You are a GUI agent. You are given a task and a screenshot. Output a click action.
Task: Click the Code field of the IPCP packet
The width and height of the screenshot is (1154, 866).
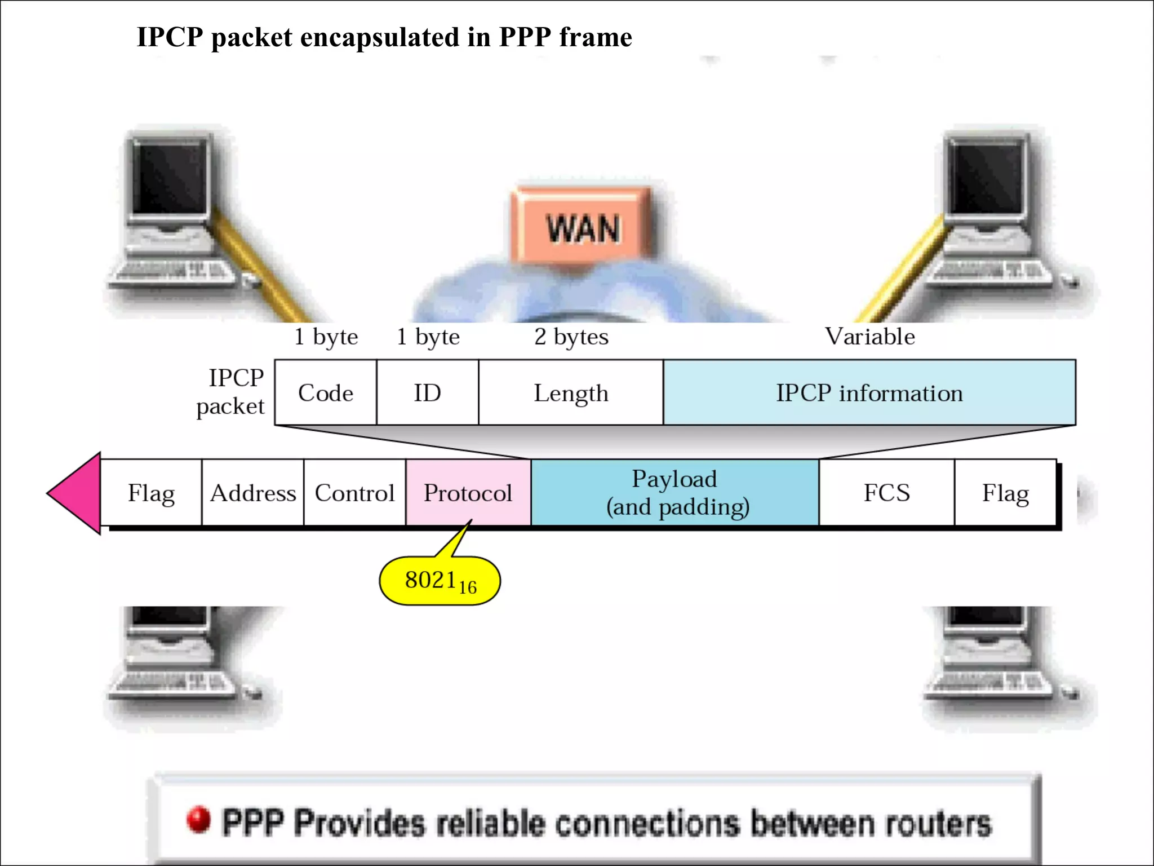pos(326,392)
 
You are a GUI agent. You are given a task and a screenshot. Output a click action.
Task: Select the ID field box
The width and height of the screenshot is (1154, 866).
pos(427,392)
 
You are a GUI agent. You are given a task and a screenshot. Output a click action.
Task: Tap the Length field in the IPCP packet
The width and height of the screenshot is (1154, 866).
pos(571,392)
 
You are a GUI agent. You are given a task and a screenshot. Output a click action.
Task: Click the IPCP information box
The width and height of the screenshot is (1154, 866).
pos(869,392)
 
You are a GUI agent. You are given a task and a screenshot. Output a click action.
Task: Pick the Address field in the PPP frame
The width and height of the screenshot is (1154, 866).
pos(252,493)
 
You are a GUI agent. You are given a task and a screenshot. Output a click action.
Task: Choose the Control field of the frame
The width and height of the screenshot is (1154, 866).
pos(354,493)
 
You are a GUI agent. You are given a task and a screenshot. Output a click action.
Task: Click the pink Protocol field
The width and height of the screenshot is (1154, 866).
pos(468,493)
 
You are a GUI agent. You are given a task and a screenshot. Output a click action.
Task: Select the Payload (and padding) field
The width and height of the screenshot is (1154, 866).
pos(675,493)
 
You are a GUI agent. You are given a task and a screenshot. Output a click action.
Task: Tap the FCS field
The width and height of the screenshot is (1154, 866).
pos(886,493)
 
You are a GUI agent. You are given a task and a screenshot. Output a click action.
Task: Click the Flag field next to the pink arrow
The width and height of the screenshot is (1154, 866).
pos(151,493)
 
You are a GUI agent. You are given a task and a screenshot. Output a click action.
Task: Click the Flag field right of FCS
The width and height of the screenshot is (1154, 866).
pos(1005,493)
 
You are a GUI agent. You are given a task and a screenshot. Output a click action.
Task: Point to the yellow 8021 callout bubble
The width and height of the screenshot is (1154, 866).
pos(440,581)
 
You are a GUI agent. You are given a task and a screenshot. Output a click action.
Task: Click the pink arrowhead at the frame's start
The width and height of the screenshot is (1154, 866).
pos(76,493)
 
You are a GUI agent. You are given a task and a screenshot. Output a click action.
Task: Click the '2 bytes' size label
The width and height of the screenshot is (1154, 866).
pos(571,337)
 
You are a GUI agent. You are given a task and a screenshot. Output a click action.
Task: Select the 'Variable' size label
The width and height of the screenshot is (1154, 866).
pos(869,337)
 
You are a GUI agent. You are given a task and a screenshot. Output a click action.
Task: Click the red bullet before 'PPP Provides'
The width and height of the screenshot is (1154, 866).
pos(198,820)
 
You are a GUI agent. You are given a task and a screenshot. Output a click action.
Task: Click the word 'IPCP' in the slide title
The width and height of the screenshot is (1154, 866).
pos(170,37)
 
